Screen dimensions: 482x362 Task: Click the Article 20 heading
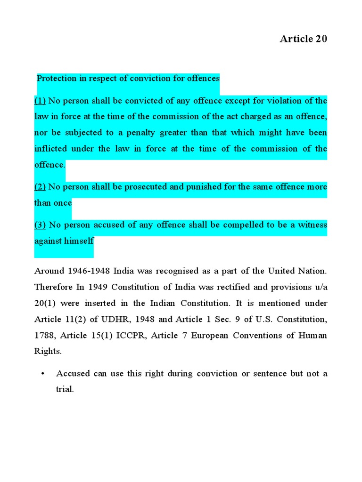click(x=303, y=39)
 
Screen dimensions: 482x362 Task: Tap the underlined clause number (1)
click(x=40, y=101)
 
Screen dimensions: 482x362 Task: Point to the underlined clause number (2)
click(x=40, y=187)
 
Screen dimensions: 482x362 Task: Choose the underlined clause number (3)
click(x=40, y=225)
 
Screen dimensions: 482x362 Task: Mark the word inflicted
click(x=51, y=149)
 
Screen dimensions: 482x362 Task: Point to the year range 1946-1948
click(x=90, y=271)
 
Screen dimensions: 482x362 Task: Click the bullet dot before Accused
click(x=42, y=374)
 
